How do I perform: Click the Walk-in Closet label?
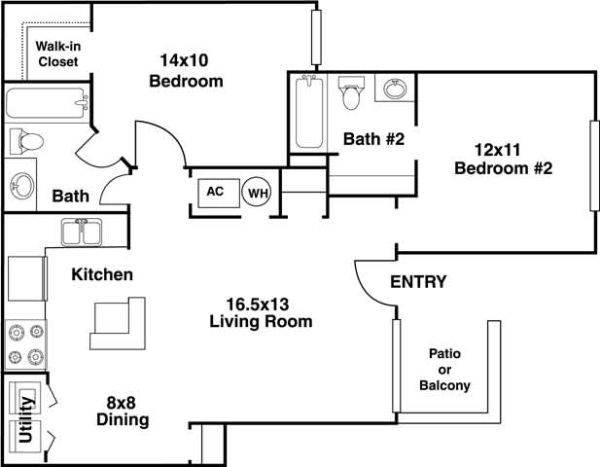point(57,54)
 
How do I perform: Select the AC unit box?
point(216,192)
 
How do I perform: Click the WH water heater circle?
point(257,194)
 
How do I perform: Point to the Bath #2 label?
point(372,139)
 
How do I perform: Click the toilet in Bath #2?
point(351,95)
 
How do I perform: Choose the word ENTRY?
point(418,282)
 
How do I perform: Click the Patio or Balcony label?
point(444,370)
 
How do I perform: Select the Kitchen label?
point(102,274)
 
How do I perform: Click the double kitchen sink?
point(82,233)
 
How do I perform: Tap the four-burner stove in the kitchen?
point(25,343)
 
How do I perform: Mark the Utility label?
point(27,416)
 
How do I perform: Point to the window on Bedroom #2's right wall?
point(591,165)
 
